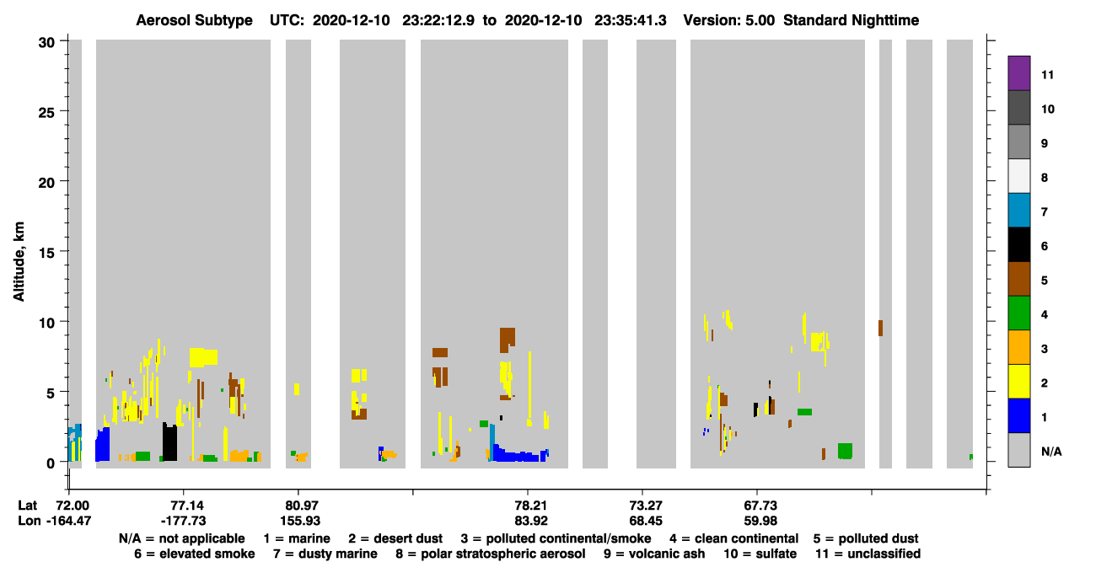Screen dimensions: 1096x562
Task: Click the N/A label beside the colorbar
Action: click(x=1051, y=452)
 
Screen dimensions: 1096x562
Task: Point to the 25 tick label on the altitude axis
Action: click(x=46, y=113)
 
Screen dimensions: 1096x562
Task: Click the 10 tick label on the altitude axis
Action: click(x=46, y=323)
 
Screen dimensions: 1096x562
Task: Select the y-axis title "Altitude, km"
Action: click(x=19, y=262)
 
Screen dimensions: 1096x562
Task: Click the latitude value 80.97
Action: click(x=298, y=506)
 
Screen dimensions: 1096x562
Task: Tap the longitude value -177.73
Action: click(x=184, y=521)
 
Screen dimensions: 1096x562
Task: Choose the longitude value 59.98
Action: click(x=760, y=521)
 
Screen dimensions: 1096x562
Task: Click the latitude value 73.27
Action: click(x=645, y=506)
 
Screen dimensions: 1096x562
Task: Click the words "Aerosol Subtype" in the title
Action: click(x=194, y=20)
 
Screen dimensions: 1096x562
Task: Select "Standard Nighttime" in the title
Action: click(x=851, y=20)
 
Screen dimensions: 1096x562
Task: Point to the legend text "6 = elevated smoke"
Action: click(x=195, y=554)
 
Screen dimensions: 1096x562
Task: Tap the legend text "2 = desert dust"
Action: click(x=395, y=538)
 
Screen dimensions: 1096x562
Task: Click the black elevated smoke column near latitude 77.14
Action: click(x=169, y=442)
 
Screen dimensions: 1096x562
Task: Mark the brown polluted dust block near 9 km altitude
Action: click(x=508, y=340)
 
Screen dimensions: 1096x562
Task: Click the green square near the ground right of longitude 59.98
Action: click(x=845, y=451)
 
